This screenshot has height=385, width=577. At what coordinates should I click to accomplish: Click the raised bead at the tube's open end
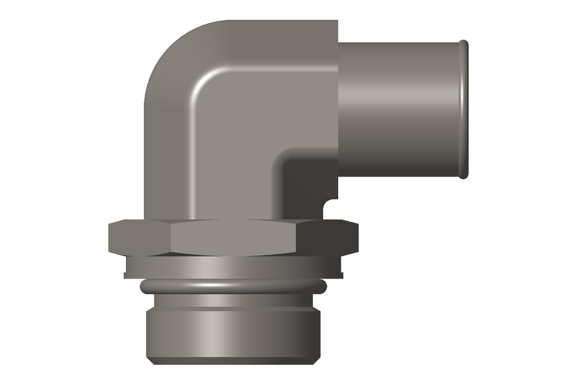pyautogui.click(x=463, y=109)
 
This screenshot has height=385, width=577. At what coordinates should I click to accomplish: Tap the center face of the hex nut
pyautogui.click(x=233, y=238)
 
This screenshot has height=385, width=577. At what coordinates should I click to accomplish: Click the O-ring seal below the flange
pyautogui.click(x=233, y=287)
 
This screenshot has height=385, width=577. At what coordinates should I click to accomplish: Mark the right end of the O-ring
pyautogui.click(x=324, y=287)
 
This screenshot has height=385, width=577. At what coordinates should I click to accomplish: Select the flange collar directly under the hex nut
pyautogui.click(x=233, y=266)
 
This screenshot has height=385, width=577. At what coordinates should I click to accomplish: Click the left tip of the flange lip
pyautogui.click(x=126, y=275)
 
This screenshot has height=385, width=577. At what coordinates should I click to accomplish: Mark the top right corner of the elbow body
pyautogui.click(x=336, y=23)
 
